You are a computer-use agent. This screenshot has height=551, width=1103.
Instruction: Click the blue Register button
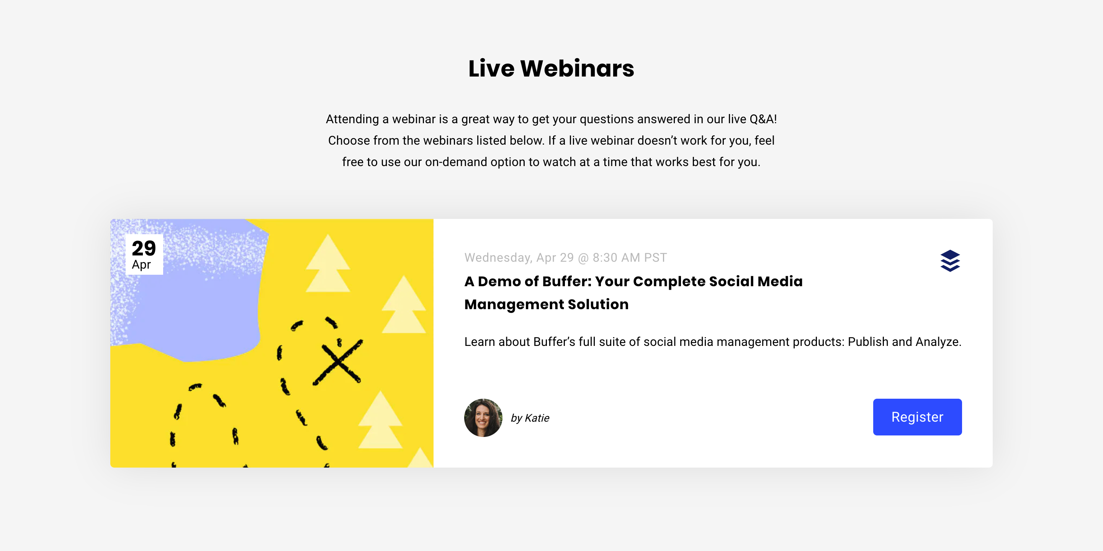pyautogui.click(x=917, y=417)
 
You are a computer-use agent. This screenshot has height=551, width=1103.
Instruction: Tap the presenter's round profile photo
pyautogui.click(x=483, y=417)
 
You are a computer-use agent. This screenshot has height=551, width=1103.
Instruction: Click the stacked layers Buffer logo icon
pyautogui.click(x=950, y=261)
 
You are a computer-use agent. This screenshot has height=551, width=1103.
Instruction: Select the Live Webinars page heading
pyautogui.click(x=551, y=68)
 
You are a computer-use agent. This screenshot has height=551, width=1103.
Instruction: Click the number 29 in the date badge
pyautogui.click(x=144, y=248)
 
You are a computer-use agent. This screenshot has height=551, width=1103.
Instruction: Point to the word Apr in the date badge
pyautogui.click(x=141, y=265)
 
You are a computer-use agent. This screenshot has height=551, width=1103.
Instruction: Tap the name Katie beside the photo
pyautogui.click(x=537, y=418)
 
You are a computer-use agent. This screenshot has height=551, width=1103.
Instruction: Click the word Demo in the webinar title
pyautogui.click(x=497, y=282)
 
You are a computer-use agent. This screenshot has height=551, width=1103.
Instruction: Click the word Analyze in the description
pyautogui.click(x=939, y=342)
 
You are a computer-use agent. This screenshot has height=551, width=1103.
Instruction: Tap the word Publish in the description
pyautogui.click(x=868, y=342)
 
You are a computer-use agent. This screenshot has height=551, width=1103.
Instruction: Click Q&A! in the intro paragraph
pyautogui.click(x=763, y=119)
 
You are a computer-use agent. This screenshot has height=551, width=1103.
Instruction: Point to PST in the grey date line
pyautogui.click(x=656, y=258)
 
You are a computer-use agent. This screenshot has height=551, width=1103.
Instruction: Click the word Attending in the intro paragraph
pyautogui.click(x=352, y=119)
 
